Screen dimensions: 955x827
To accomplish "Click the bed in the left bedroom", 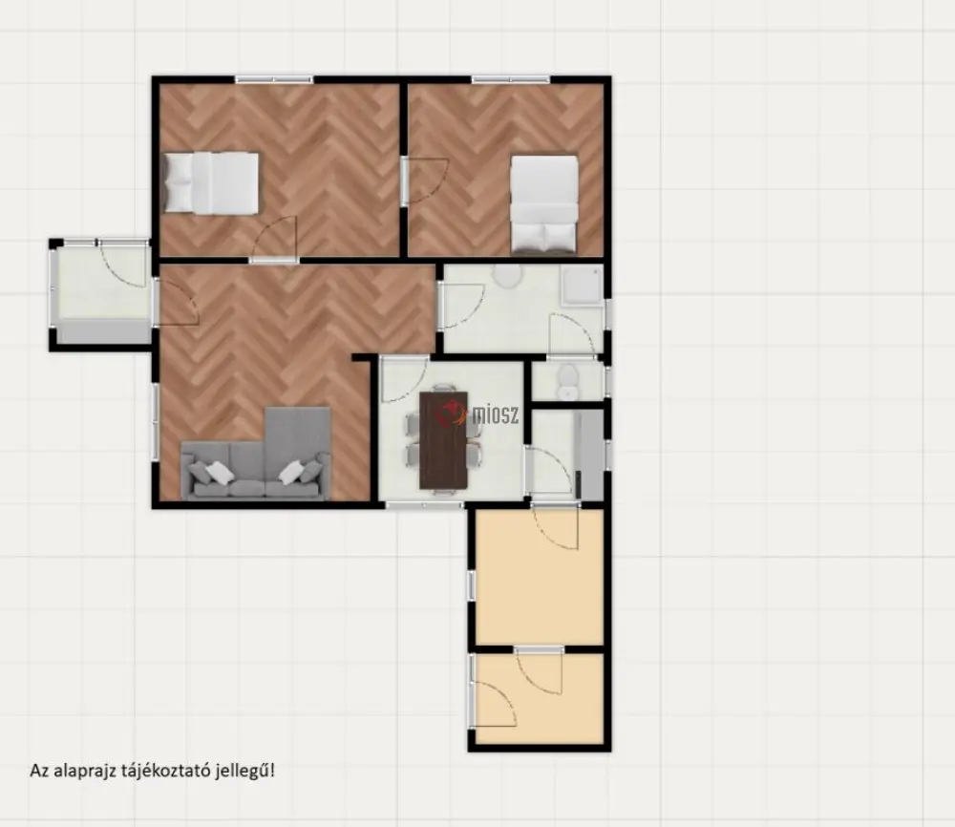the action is [211, 183].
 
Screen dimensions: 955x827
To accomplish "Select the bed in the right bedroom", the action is [544, 204].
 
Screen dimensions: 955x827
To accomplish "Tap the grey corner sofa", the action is [256, 454].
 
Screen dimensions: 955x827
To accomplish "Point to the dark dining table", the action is [443, 439].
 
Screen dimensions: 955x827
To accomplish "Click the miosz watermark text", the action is [496, 415].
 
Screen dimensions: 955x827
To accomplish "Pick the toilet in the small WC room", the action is [567, 382].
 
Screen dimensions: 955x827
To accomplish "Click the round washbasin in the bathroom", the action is [507, 275].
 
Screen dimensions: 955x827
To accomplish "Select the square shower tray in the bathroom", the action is [581, 284].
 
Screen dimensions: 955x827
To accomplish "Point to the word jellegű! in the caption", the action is [251, 771].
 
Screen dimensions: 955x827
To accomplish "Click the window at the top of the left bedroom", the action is [274, 79].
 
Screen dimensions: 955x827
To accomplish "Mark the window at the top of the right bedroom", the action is [510, 79].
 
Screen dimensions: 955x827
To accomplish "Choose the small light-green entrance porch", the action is [101, 293].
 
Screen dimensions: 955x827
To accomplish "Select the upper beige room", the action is [539, 576].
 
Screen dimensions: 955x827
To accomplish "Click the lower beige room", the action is [539, 698].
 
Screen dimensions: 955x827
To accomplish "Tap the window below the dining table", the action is [425, 505].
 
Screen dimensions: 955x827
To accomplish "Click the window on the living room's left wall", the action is [156, 420].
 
